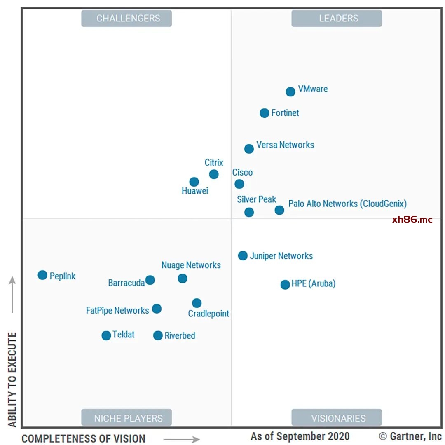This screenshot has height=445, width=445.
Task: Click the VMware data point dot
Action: point(290,91)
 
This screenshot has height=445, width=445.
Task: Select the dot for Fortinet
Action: point(265,113)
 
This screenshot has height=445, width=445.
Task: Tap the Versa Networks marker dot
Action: point(249,149)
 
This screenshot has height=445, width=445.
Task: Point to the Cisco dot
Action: point(239,184)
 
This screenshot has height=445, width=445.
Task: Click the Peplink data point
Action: point(42,275)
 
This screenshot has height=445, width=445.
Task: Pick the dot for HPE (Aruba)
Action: point(285,284)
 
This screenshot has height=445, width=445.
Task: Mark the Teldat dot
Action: point(106,335)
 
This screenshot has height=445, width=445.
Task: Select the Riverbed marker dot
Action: point(158,335)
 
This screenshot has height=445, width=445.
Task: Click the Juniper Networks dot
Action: point(243,255)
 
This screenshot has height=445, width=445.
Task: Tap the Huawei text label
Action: point(195,191)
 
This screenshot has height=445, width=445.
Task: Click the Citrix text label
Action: point(214,163)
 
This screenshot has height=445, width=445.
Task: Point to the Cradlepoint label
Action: point(208,314)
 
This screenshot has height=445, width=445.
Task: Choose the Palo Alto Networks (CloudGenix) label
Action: point(347,204)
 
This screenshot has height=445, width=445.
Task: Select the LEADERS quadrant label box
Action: point(337,18)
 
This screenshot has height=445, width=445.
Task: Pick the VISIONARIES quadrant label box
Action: point(337,418)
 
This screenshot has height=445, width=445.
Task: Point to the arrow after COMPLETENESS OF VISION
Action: point(181,440)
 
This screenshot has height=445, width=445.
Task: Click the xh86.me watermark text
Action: point(412,220)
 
